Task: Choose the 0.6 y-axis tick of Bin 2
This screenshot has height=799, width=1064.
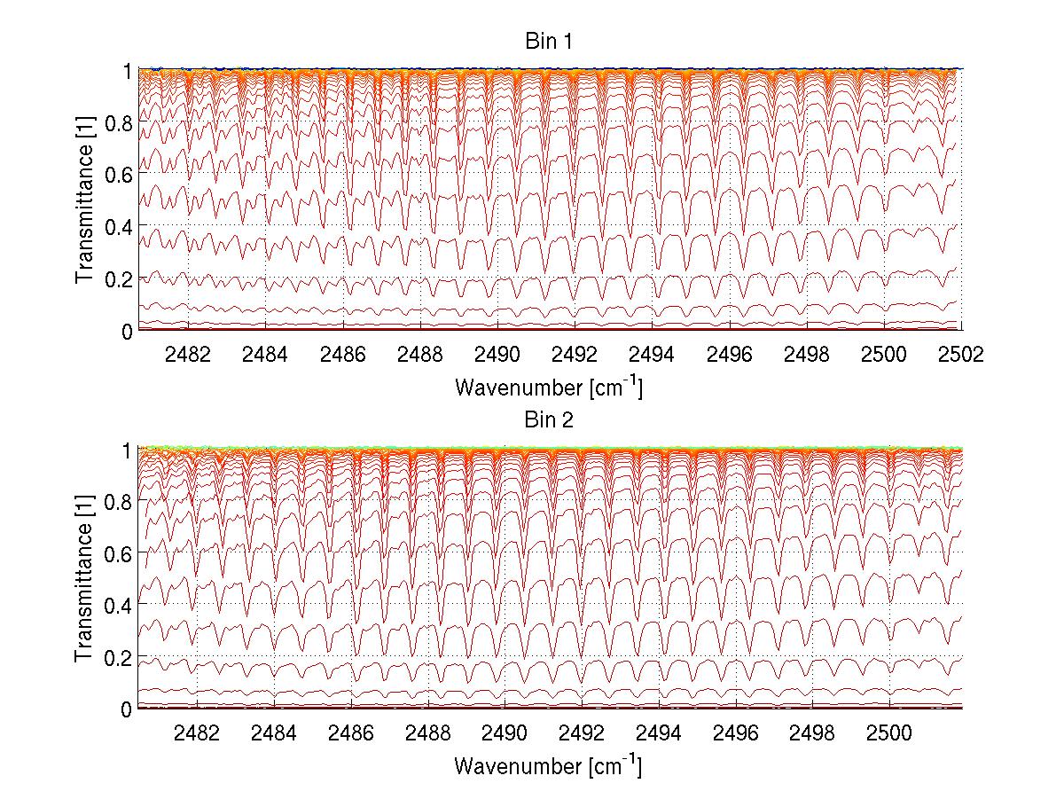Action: [121, 553]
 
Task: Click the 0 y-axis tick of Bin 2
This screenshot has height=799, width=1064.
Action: [127, 709]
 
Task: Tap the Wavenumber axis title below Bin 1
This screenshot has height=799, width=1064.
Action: [548, 387]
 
